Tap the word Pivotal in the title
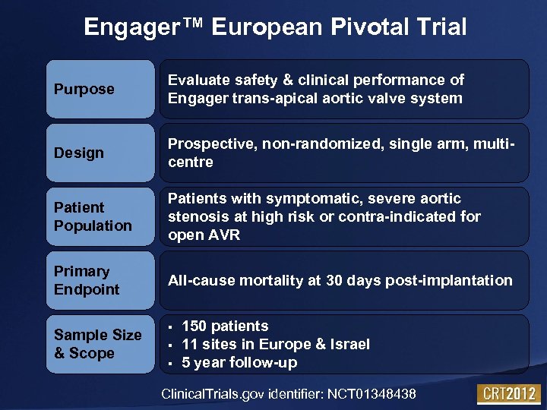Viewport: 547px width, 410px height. coord(373,28)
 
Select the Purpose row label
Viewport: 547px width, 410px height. coord(84,89)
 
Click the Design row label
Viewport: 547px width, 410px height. coord(79,153)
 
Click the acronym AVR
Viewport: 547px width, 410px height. coord(223,235)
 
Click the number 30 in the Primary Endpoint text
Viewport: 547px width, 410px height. coord(334,280)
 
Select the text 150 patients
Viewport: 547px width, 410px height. coord(225,326)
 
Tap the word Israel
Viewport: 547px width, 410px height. coord(349,344)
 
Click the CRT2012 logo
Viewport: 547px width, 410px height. coord(508,394)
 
